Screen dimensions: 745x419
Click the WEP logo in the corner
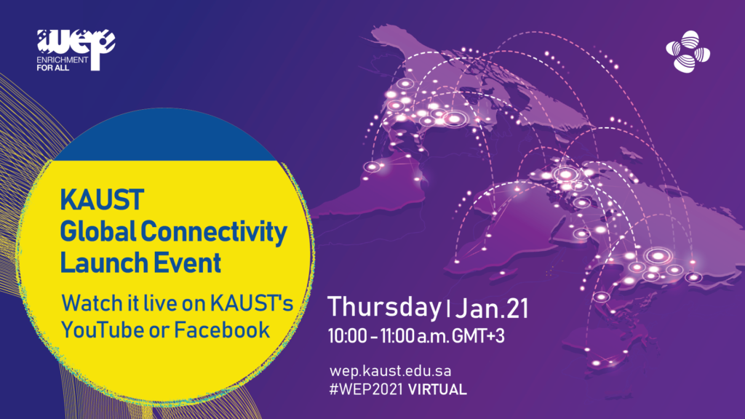pos(76,50)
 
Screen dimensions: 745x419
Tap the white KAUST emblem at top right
pos(688,52)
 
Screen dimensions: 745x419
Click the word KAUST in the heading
pos(102,200)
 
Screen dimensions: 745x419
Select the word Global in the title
pos(98,231)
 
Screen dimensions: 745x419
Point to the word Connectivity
pos(214,232)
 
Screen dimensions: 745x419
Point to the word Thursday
pos(384,308)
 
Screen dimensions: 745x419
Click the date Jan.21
pos(492,308)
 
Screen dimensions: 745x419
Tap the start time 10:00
pos(347,336)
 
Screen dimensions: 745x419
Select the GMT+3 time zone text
pos(478,336)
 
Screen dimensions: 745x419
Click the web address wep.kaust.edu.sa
pos(390,371)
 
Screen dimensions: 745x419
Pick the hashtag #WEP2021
pos(366,390)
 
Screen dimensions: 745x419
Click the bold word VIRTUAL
pos(437,390)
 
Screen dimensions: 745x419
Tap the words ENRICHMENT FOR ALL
pos(62,64)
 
